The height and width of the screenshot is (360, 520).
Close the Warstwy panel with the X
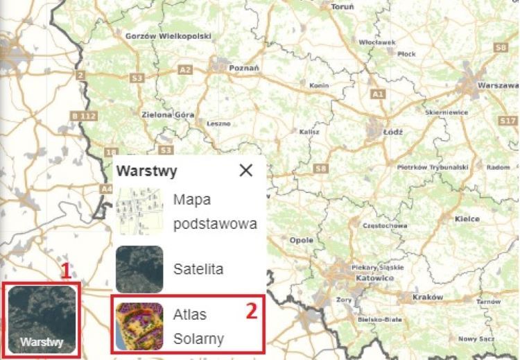pyautogui.click(x=245, y=171)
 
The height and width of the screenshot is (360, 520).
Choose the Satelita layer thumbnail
pyautogui.click(x=139, y=268)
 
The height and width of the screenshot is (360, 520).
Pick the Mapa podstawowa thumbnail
pyautogui.click(x=139, y=212)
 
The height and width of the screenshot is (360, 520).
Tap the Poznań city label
pyautogui.click(x=244, y=68)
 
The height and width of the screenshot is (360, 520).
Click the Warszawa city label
pyautogui.click(x=498, y=85)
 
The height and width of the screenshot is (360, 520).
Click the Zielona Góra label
pyautogui.click(x=168, y=114)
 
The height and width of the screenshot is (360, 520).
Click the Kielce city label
pyautogui.click(x=467, y=219)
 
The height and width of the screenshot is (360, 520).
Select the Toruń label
pyautogui.click(x=343, y=6)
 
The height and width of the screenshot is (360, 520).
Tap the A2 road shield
pyautogui.click(x=184, y=70)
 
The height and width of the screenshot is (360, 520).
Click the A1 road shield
pyautogui.click(x=377, y=93)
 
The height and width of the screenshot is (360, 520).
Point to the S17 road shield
pyautogui.click(x=508, y=121)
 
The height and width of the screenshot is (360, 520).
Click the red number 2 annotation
pyautogui.click(x=252, y=310)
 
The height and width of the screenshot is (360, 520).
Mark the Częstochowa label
pyautogui.click(x=385, y=225)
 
